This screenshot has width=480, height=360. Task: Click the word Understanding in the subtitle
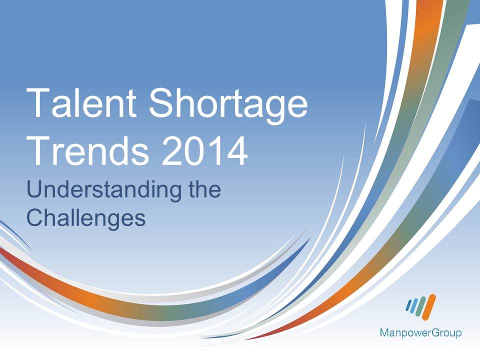click(x=97, y=190)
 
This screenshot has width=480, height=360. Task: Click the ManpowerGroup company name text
click(x=420, y=332)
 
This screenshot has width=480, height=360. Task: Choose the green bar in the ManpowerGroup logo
click(x=421, y=306)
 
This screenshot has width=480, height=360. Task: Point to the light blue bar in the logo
click(x=414, y=306)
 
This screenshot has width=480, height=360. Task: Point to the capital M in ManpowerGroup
click(x=384, y=332)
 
